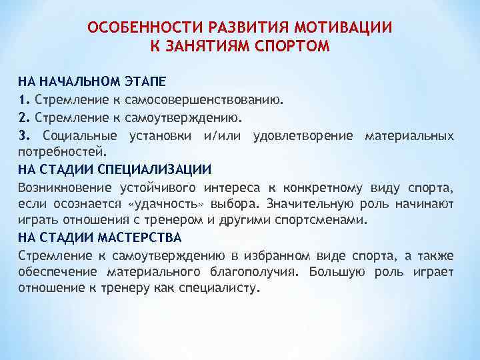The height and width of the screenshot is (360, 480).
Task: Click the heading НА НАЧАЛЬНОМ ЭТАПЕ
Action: (x=92, y=82)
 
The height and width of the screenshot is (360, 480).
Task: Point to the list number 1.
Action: (x=23, y=100)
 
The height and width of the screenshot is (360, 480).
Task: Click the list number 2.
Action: (x=23, y=118)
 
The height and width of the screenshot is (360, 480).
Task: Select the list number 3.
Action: (x=23, y=136)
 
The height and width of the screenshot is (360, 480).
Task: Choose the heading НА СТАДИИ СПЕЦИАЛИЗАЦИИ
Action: (x=115, y=168)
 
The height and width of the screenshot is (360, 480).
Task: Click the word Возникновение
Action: (x=64, y=186)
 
